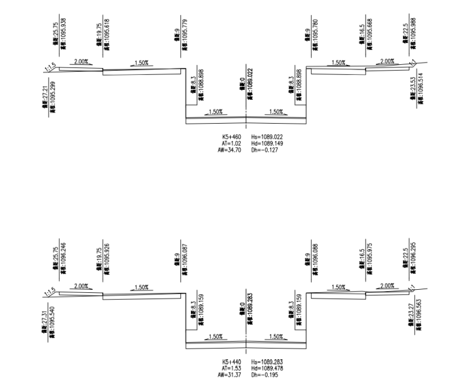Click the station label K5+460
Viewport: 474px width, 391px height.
coord(231,136)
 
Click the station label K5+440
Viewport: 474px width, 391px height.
coord(231,362)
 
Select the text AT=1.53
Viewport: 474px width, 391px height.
coord(232,368)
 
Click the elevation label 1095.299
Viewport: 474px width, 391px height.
coord(54,93)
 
